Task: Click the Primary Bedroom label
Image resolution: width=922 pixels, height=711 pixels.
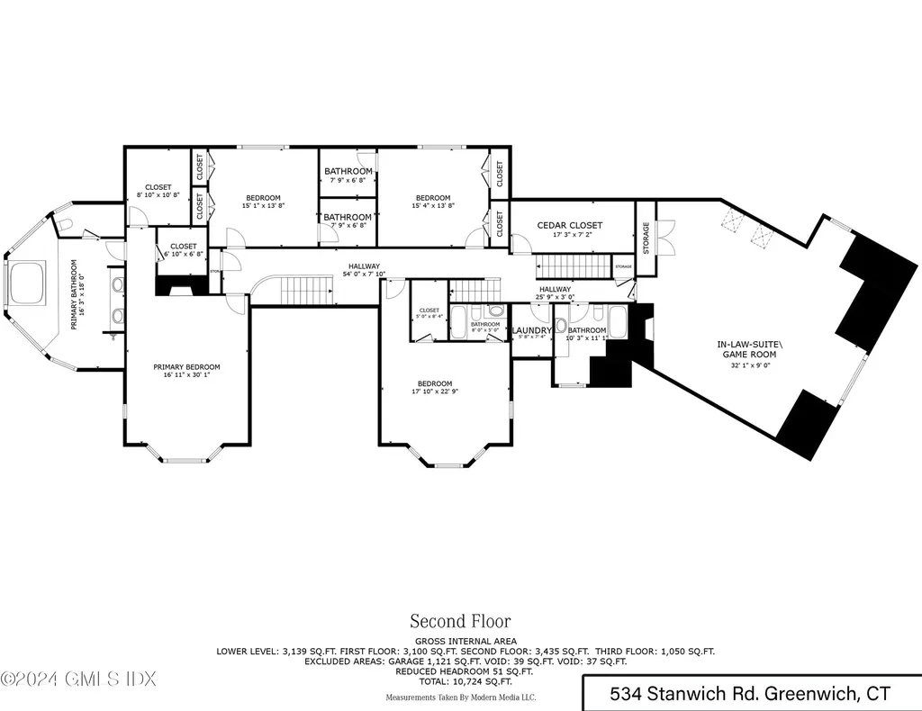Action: pyautogui.click(x=186, y=367)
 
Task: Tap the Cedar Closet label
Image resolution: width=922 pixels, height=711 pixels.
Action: pyautogui.click(x=569, y=226)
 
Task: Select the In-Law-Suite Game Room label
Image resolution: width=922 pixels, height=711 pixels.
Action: pyautogui.click(x=746, y=349)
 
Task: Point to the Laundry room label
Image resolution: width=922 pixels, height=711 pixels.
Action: pyautogui.click(x=531, y=331)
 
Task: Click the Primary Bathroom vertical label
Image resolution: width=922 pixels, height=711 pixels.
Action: pyautogui.click(x=75, y=295)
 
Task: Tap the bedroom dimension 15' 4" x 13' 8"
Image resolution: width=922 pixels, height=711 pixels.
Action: pyautogui.click(x=432, y=206)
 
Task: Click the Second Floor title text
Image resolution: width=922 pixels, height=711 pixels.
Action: pyautogui.click(x=460, y=621)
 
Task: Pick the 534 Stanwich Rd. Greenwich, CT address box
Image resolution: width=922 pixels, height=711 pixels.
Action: pyautogui.click(x=750, y=694)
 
